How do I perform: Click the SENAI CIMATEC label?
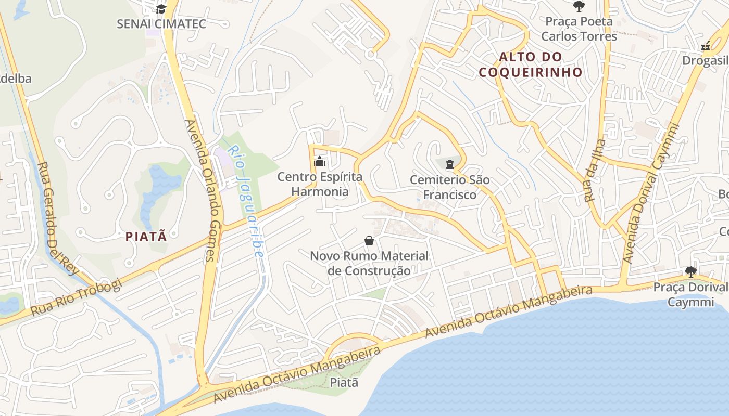click(x=161, y=24)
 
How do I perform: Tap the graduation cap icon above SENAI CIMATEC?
click(x=161, y=9)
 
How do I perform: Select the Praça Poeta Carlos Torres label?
click(x=579, y=29)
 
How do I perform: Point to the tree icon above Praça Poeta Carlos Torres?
click(x=579, y=6)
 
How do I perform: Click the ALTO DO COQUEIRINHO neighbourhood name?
click(x=531, y=64)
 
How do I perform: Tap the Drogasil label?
click(x=706, y=61)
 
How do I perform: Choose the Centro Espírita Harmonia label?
click(x=320, y=184)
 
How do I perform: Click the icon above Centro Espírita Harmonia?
click(x=320, y=162)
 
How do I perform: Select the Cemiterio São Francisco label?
click(x=450, y=187)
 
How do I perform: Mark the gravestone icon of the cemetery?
click(x=450, y=165)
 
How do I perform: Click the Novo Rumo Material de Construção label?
click(x=369, y=263)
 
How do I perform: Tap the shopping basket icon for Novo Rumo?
click(x=369, y=241)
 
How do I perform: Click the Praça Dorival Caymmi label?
click(x=690, y=294)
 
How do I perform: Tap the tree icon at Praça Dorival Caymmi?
click(x=691, y=271)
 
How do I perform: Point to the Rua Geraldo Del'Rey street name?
click(x=57, y=218)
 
